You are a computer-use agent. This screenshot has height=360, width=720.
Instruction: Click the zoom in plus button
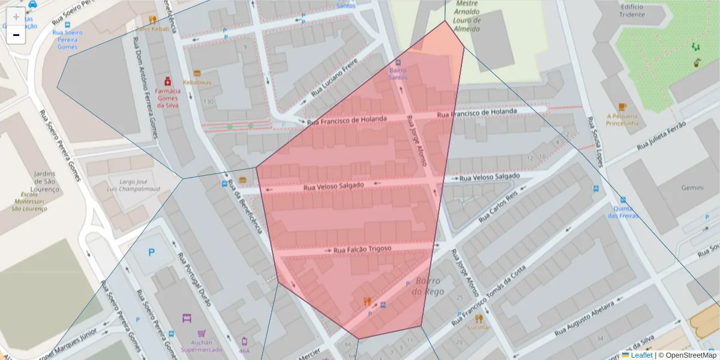click(x=16, y=17)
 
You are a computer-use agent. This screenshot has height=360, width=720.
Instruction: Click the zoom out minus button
click(x=16, y=35)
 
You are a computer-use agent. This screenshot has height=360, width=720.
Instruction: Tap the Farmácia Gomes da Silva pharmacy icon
click(x=167, y=81)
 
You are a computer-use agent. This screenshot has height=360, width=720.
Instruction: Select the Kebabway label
click(x=197, y=82)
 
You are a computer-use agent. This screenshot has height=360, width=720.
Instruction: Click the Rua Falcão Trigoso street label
click(x=362, y=249)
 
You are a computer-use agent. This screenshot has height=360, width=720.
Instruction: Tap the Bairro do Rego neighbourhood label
click(x=426, y=286)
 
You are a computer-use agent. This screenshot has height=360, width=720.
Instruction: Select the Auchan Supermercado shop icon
click(x=186, y=318)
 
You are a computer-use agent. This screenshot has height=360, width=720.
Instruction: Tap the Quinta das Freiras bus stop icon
click(x=623, y=200)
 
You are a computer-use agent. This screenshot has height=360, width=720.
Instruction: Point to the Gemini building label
click(x=692, y=188)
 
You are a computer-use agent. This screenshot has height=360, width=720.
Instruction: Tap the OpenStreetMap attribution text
click(x=687, y=355)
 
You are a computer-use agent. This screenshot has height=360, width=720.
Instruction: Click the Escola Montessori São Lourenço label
click(x=29, y=202)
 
